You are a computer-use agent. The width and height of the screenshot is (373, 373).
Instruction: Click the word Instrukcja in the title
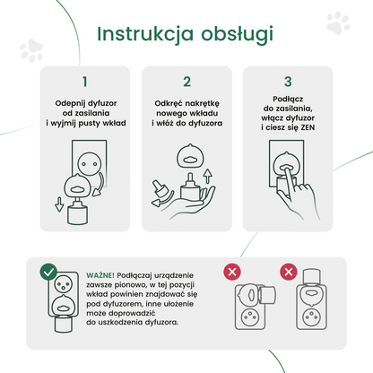145,33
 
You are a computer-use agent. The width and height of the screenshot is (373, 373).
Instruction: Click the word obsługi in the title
237,34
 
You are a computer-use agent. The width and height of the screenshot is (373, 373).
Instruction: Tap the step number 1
85,82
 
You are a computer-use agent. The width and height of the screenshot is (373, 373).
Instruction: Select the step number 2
186,82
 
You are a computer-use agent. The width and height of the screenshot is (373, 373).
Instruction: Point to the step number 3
288,82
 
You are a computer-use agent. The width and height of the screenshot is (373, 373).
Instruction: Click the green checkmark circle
48,272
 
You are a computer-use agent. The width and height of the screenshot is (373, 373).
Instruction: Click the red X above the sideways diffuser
232,272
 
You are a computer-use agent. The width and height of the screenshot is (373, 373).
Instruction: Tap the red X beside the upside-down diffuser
289,272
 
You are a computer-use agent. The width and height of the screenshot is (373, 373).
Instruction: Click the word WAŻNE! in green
100,275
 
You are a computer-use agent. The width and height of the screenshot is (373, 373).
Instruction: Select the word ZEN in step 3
308,127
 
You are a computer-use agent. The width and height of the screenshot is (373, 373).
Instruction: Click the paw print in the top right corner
338,23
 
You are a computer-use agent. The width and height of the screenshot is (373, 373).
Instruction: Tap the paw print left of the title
31,50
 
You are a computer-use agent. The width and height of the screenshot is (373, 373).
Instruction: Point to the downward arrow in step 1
59,204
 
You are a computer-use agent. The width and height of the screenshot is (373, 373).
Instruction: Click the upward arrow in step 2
208,177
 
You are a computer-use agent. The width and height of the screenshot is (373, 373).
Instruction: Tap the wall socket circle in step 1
89,164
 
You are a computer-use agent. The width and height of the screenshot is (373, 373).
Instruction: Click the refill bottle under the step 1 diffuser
78,213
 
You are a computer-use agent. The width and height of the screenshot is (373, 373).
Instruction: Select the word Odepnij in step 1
68,103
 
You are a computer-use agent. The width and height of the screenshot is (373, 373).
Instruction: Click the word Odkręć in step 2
167,103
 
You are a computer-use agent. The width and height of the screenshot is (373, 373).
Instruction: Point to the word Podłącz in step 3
288,100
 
